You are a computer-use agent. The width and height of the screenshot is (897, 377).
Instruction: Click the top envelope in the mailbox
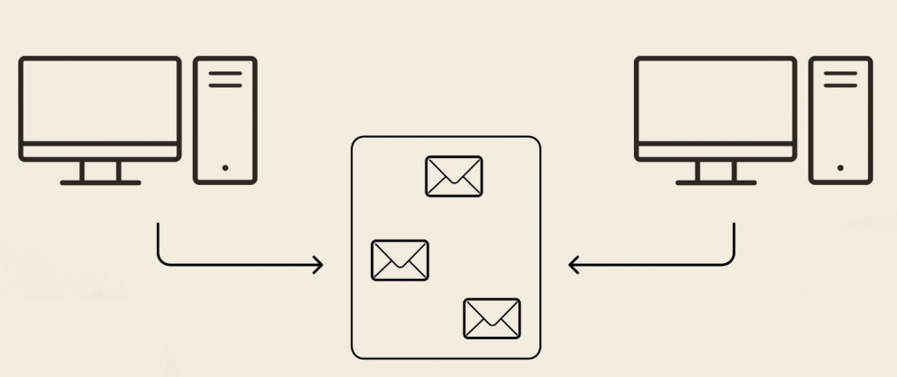[453, 176]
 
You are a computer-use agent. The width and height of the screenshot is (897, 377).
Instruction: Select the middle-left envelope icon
[400, 260]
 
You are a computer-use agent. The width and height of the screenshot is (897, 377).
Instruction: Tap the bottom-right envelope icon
[492, 318]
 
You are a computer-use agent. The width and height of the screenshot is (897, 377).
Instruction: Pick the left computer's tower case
[225, 121]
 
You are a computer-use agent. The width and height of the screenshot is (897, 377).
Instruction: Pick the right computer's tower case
[841, 121]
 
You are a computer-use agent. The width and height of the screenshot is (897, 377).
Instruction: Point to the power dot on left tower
[225, 167]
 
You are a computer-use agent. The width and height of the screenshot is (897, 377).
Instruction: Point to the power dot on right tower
[841, 167]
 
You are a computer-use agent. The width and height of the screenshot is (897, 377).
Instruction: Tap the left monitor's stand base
[100, 182]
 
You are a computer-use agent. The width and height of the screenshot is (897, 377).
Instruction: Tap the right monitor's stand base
[715, 182]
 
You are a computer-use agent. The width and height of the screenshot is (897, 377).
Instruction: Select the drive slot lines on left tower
[225, 79]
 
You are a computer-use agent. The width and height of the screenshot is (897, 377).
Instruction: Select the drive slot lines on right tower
[841, 79]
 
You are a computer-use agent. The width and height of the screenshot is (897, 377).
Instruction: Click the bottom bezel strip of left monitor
[100, 152]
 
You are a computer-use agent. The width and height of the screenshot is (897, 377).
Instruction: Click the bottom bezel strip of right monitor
[715, 152]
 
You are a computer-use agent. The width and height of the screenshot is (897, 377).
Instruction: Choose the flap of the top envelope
[453, 168]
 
